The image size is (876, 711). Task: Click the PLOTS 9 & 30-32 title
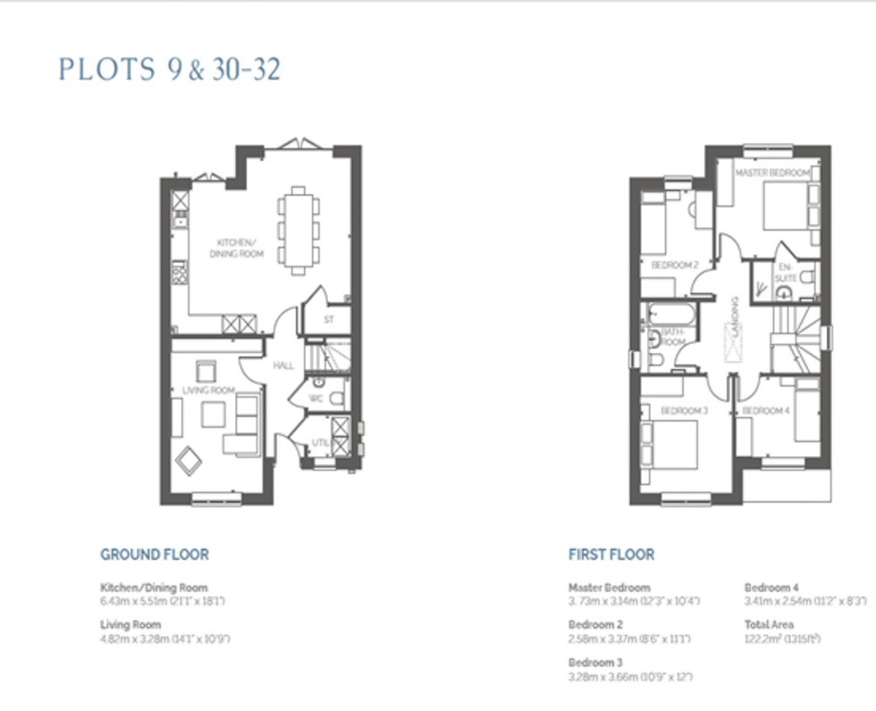pyautogui.click(x=170, y=70)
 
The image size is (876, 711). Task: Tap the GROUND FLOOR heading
pyautogui.click(x=155, y=554)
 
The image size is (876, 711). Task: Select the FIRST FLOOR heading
pyautogui.click(x=611, y=554)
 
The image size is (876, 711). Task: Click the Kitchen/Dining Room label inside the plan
pyautogui.click(x=237, y=249)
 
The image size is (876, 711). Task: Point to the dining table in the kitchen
pyautogui.click(x=299, y=230)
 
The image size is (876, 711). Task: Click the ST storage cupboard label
pyautogui.click(x=328, y=318)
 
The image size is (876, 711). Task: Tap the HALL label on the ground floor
pyautogui.click(x=283, y=365)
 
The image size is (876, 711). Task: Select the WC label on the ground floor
pyautogui.click(x=316, y=399)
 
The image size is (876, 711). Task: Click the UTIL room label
pyautogui.click(x=320, y=443)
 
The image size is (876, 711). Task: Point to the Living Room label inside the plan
pyautogui.click(x=208, y=390)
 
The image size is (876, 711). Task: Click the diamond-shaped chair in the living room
pyautogui.click(x=190, y=461)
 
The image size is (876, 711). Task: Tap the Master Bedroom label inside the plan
pyautogui.click(x=772, y=172)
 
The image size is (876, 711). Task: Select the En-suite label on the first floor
pyautogui.click(x=785, y=273)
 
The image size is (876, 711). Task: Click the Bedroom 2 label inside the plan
pyautogui.click(x=674, y=266)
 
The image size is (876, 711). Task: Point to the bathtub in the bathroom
pyautogui.click(x=670, y=314)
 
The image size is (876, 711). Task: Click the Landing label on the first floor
pyautogui.click(x=734, y=317)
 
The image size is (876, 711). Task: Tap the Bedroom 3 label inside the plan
pyautogui.click(x=684, y=411)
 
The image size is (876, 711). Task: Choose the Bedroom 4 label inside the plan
pyautogui.click(x=765, y=411)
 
